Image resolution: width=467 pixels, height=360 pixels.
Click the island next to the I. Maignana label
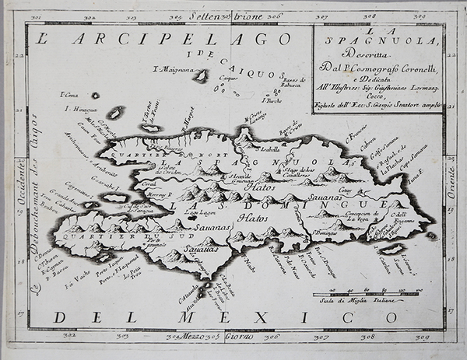pyautogui.click(x=201, y=76)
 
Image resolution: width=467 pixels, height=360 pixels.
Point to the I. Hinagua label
pyautogui.click(x=83, y=110)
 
